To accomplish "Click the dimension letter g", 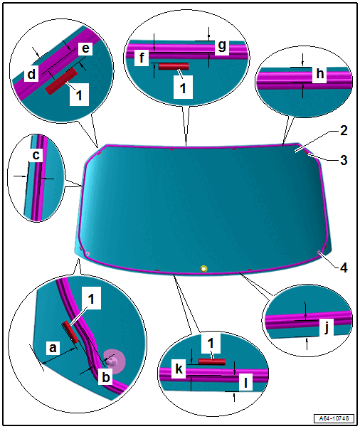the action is (222, 46).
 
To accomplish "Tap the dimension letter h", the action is (319, 73).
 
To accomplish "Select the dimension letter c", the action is (36, 155).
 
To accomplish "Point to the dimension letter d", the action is (32, 74).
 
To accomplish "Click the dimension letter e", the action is (85, 48).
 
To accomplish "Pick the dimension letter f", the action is (142, 58).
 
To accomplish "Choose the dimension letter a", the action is (53, 348).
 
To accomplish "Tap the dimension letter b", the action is (105, 377).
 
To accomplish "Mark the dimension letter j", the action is (326, 327).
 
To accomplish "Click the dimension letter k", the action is (179, 369).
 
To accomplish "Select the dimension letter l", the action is (245, 383).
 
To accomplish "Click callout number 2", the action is (344, 130).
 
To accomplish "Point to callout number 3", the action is (344, 160).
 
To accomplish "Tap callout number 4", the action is (344, 268).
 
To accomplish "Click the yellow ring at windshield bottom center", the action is (203, 268).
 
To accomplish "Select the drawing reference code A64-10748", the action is (334, 418).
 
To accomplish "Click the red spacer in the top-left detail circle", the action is (62, 82).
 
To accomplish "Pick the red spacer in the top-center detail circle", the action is (174, 66).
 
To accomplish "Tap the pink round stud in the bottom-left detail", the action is (115, 361).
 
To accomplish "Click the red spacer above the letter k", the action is (212, 361).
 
